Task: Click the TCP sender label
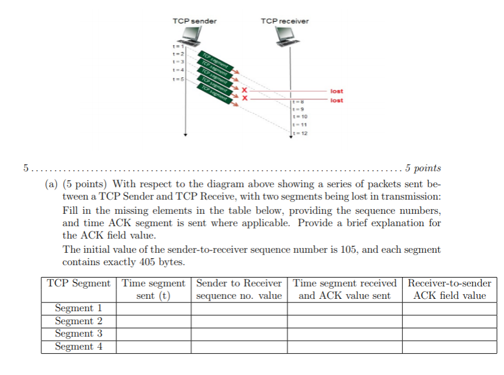194,21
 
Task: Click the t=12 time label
301,133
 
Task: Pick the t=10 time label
301,117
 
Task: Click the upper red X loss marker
243,90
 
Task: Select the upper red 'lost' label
337,92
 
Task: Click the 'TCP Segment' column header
79,283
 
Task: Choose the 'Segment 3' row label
79,334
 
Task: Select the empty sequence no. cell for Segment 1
239,308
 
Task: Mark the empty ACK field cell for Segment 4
450,347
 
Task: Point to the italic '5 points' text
423,168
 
